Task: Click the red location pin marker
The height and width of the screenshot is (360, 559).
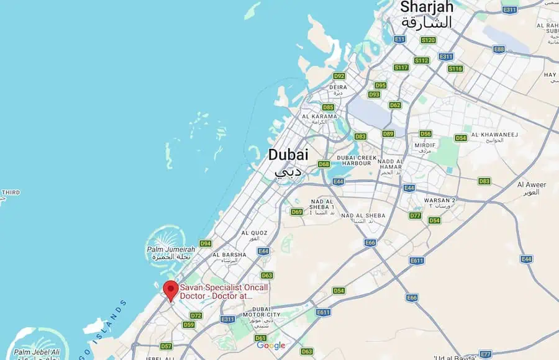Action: point(170,290)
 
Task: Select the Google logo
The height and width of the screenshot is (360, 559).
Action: point(271,346)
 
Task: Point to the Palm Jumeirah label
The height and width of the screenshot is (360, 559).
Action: point(171,250)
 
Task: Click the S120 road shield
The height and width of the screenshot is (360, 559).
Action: point(428,40)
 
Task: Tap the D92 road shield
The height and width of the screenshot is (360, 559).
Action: point(339,76)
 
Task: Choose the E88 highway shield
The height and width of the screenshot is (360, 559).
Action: point(499,48)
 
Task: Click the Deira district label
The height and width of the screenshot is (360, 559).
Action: point(338,88)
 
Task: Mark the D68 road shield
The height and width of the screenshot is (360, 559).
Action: point(324,164)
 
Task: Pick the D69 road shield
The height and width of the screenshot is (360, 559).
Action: point(297,212)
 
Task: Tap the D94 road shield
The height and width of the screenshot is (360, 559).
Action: point(206,243)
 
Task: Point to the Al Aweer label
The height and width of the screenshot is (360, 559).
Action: point(531,185)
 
